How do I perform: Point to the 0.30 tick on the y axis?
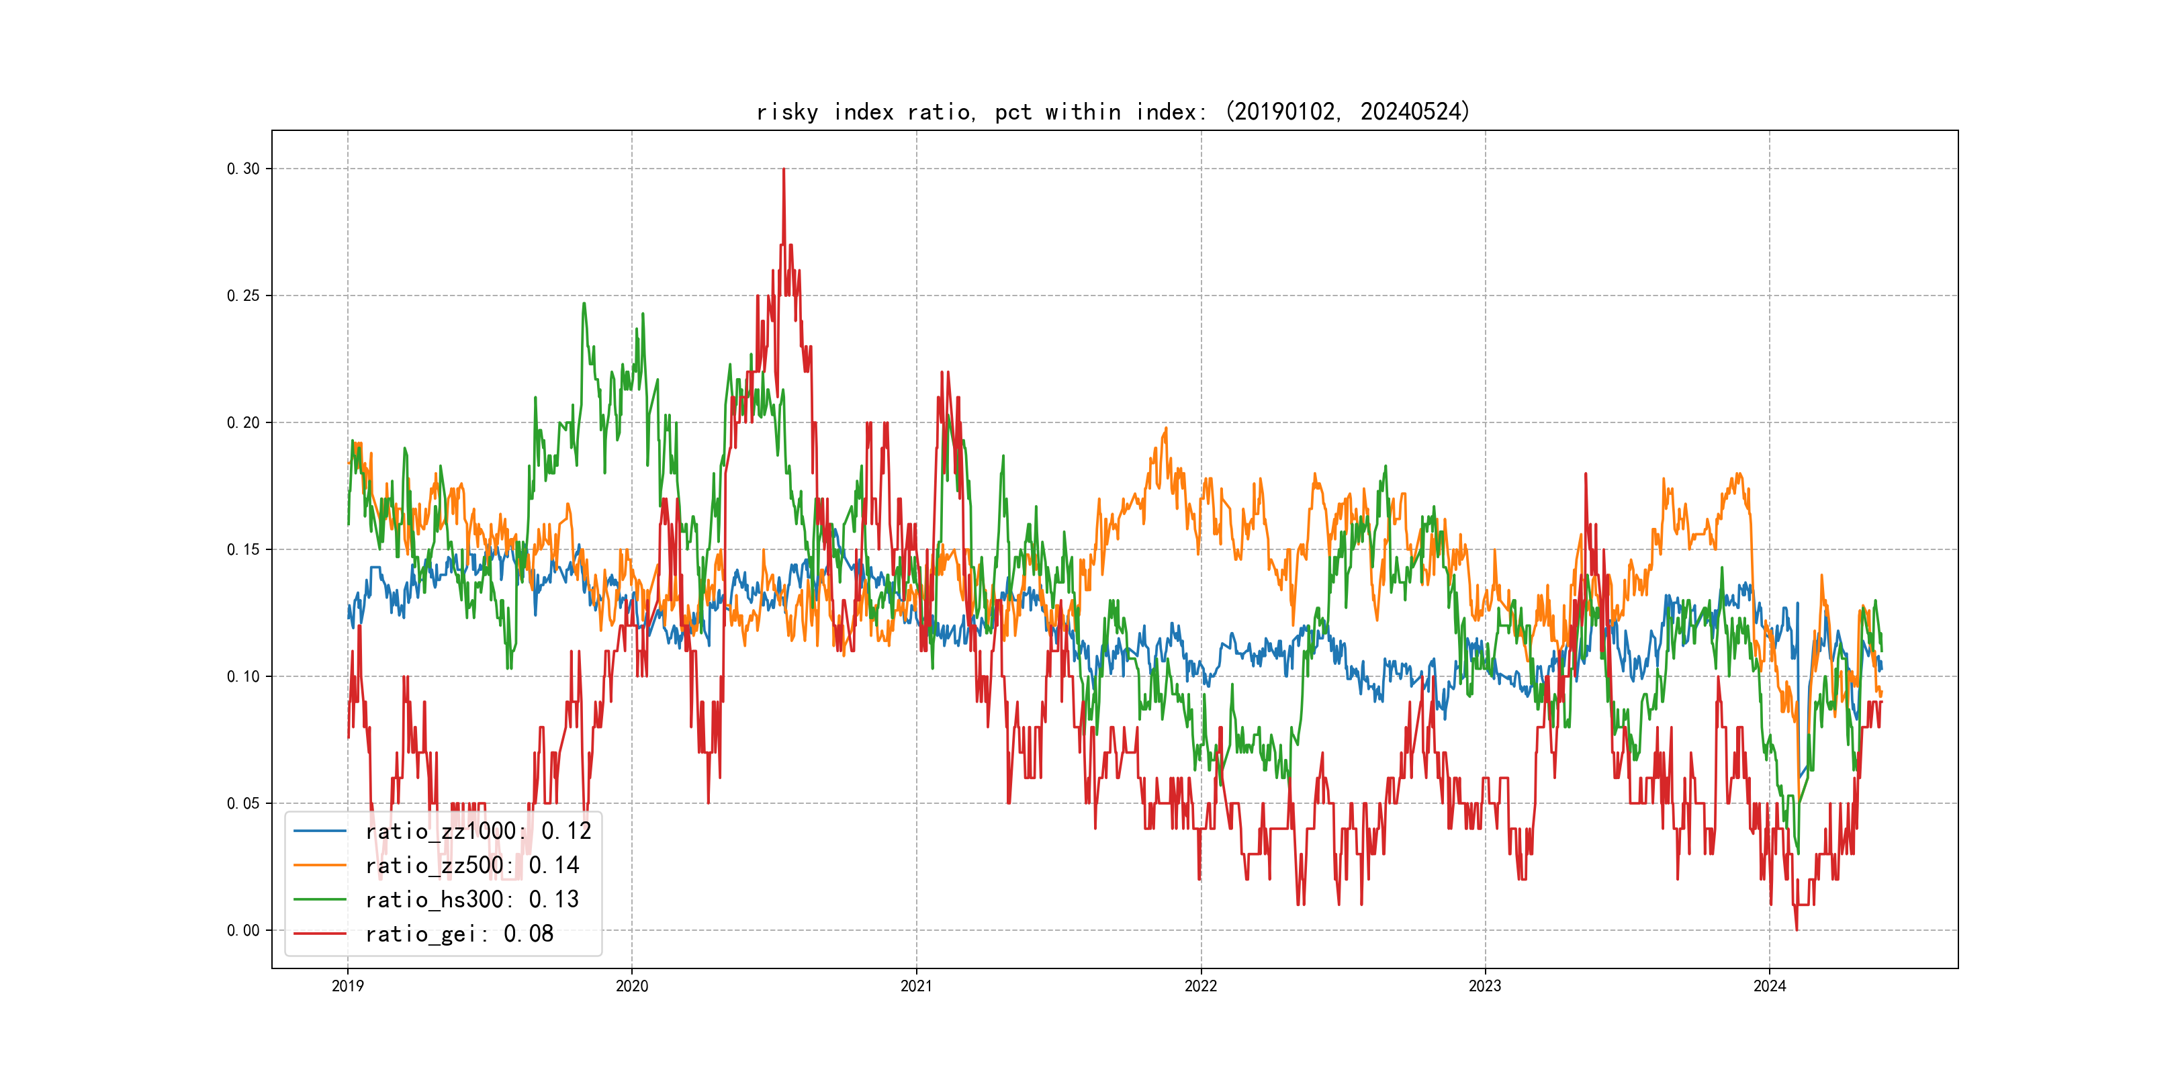point(243,169)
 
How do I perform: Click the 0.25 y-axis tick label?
point(243,296)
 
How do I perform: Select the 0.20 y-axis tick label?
point(243,422)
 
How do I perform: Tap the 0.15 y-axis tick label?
point(243,550)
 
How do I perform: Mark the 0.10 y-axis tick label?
point(243,676)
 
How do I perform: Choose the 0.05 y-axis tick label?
point(243,803)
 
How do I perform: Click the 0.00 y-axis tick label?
point(243,931)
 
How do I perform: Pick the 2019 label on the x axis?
point(347,986)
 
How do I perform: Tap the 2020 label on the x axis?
point(632,986)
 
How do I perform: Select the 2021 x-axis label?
point(917,986)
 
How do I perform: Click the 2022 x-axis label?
point(1202,986)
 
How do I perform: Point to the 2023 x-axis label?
point(1485,986)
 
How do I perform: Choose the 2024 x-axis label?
point(1770,986)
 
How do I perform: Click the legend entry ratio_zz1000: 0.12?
point(478,831)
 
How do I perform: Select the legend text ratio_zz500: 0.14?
point(472,866)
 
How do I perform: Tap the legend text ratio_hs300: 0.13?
point(472,900)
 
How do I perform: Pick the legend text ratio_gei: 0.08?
point(459,934)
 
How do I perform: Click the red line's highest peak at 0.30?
point(784,170)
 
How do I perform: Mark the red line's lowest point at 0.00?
point(1797,930)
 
